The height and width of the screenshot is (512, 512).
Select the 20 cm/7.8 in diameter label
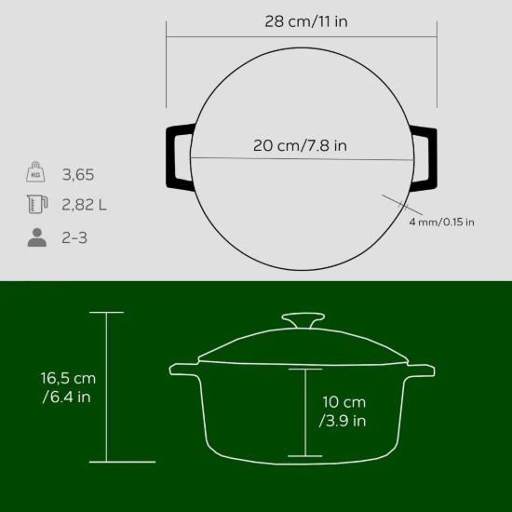point(302,145)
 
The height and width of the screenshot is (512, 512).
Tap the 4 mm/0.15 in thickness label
point(441,222)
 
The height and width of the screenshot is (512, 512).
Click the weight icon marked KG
point(36,173)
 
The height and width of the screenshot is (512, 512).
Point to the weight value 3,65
point(78,174)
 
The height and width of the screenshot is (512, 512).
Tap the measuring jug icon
point(36,205)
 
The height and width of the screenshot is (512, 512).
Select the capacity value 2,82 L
point(84,205)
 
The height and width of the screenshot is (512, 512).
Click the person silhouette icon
point(36,236)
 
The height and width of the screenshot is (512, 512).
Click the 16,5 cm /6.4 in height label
point(68,388)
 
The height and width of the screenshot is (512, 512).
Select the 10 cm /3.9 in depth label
point(343,411)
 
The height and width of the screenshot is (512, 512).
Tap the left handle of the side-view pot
point(183,371)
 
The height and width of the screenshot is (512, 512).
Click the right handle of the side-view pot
point(420,371)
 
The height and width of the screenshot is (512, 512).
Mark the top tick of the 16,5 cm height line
point(107,313)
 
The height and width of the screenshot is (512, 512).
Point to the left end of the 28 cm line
point(168,37)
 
